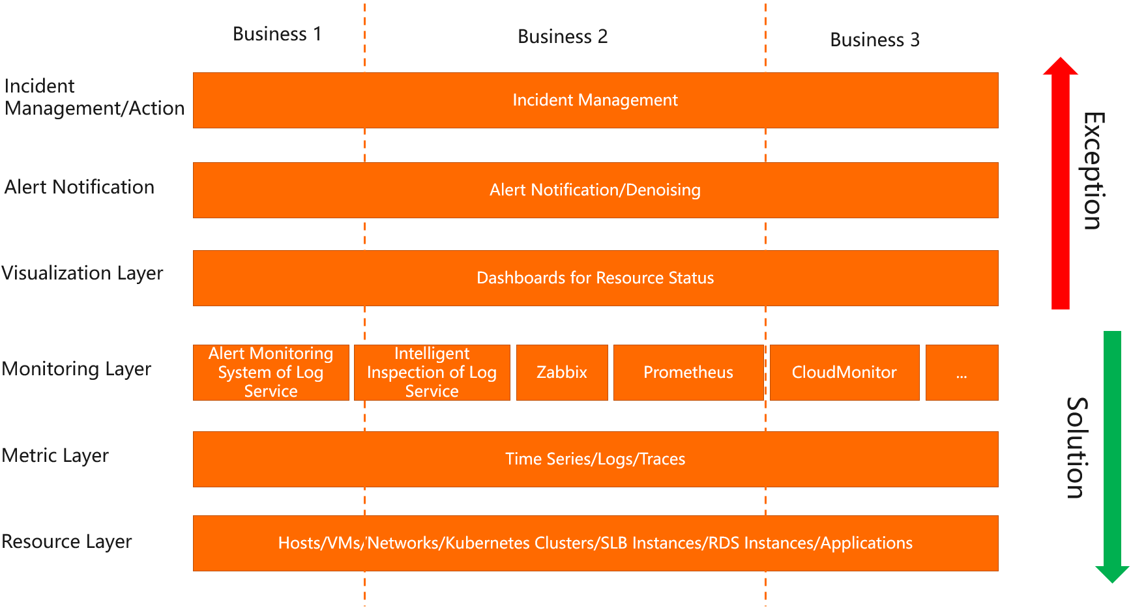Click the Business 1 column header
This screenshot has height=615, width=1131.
pos(277,34)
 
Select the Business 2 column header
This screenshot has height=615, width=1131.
pos(563,36)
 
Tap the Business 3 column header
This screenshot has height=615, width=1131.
pos(874,40)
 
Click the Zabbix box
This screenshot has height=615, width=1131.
pos(562,372)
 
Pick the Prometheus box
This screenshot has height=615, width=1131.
pos(688,372)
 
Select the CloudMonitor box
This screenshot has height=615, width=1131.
pos(844,372)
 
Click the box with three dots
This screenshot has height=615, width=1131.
pos(962,372)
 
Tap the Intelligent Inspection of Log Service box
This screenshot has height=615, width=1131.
pos(432,372)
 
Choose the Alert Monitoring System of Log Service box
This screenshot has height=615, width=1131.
pos(271,372)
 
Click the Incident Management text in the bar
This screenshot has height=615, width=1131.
pos(595,100)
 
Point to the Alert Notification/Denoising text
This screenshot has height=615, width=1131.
pos(595,190)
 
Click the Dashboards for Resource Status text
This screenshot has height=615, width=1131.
pos(595,278)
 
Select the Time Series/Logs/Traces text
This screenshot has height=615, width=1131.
pos(595,459)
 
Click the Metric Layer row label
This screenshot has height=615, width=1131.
pos(55,455)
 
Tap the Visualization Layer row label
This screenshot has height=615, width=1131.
pos(82,273)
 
